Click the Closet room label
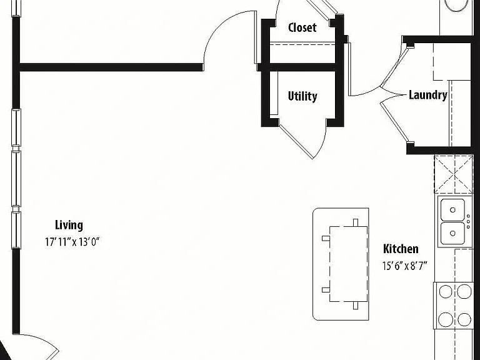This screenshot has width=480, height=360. (302, 27)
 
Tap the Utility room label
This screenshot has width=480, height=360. (302, 96)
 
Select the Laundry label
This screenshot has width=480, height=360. (428, 95)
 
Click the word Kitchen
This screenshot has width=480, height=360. (401, 249)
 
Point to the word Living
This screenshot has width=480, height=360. (69, 225)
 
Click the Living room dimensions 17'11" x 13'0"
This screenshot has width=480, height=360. (72, 242)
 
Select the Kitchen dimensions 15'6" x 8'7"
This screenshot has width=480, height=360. (404, 266)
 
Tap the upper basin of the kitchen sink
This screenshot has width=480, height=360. (452, 210)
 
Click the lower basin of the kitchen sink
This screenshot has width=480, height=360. (452, 233)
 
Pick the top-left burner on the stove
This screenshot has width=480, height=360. (446, 291)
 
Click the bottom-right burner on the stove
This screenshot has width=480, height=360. (464, 319)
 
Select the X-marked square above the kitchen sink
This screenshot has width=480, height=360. (454, 174)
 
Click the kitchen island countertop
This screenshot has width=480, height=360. (341, 264)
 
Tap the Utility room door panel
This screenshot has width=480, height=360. (296, 141)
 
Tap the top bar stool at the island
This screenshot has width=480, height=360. (356, 222)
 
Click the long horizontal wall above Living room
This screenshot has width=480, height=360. (111, 67)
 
